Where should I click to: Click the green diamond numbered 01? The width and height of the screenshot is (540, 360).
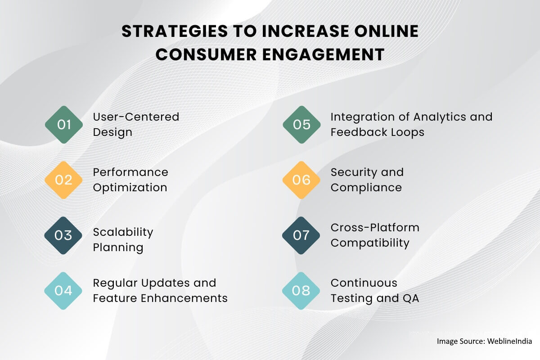(64, 125)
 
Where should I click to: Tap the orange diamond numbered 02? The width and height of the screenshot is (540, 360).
(63, 180)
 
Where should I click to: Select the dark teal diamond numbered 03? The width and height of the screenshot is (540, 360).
(63, 235)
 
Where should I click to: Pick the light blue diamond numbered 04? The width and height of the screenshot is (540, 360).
(63, 291)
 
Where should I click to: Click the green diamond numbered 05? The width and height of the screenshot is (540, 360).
(301, 125)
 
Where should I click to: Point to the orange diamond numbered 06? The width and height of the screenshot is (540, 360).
(301, 180)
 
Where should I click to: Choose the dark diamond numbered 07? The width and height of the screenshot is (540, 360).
(301, 235)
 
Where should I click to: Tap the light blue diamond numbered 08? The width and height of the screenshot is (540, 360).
(301, 291)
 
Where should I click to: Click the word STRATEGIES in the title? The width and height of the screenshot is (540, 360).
(175, 31)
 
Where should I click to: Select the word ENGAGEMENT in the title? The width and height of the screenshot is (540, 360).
(323, 54)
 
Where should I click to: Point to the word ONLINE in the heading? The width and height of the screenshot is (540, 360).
(387, 31)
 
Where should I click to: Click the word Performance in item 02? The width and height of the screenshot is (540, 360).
(130, 172)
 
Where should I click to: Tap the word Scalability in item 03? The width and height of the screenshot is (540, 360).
(123, 233)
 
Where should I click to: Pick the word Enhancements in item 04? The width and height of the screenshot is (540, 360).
(184, 298)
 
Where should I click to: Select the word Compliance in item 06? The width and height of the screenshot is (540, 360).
(366, 188)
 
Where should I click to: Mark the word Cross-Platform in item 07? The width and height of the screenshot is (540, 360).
(375, 228)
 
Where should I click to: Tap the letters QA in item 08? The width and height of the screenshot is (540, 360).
(411, 298)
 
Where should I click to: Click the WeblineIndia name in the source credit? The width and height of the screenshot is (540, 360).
(509, 341)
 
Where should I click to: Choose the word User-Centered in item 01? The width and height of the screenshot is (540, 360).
(136, 117)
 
